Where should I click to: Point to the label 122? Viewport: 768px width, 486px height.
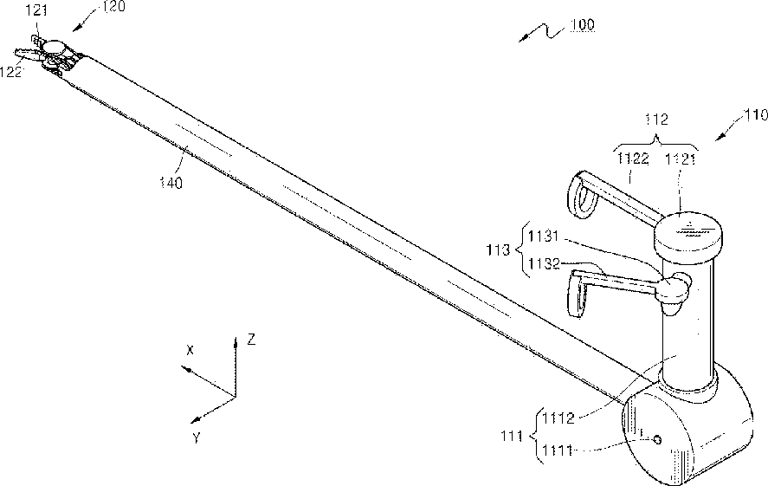pyautogui.click(x=11, y=74)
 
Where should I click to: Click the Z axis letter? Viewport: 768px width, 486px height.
pyautogui.click(x=251, y=340)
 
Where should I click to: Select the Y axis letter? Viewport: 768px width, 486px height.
pyautogui.click(x=197, y=438)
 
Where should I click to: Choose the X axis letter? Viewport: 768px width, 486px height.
pyautogui.click(x=190, y=349)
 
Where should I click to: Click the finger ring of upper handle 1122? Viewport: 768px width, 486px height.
pyautogui.click(x=582, y=191)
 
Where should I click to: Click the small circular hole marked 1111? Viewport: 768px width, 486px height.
pyautogui.click(x=656, y=440)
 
